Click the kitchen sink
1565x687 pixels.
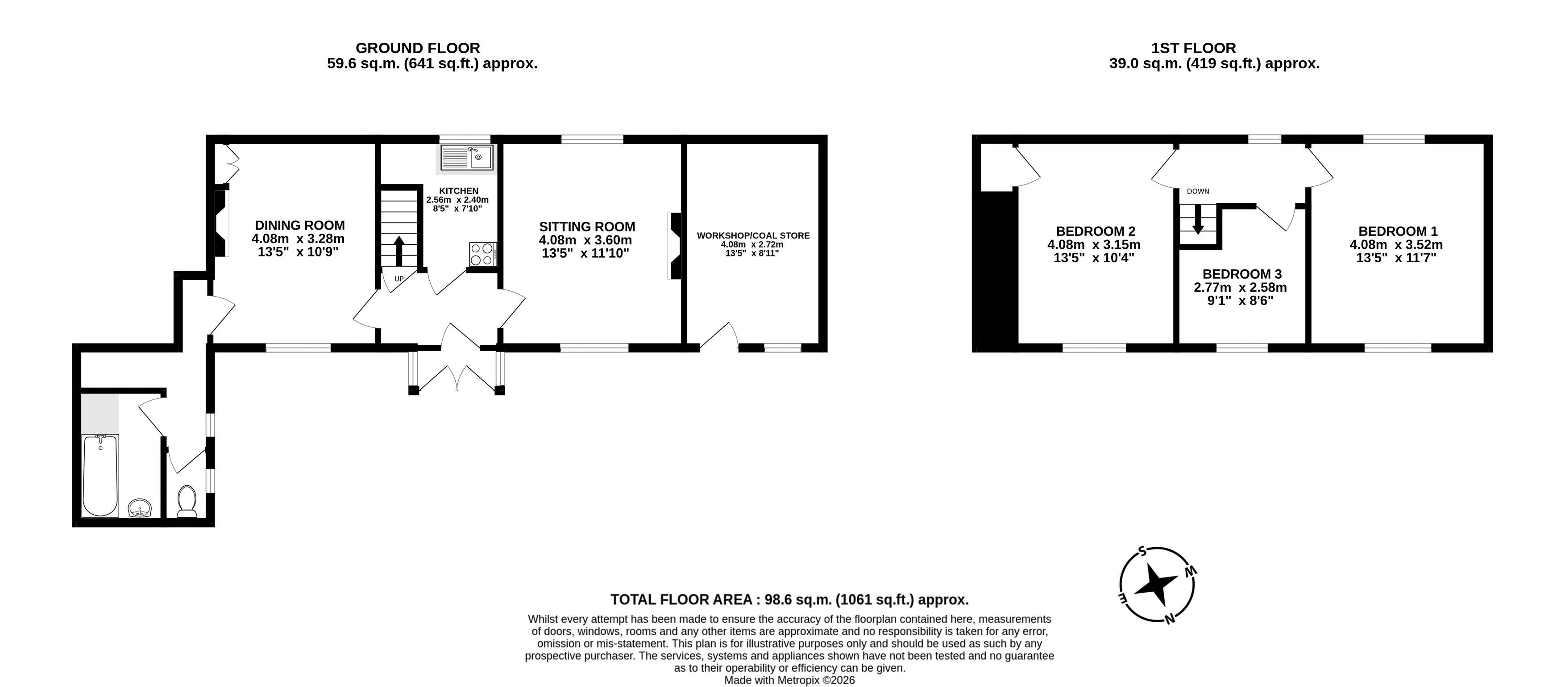(468, 157)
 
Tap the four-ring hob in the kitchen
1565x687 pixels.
(483, 254)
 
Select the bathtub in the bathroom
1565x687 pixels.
(100, 475)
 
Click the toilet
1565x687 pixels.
(187, 502)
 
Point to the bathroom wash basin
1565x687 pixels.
(140, 507)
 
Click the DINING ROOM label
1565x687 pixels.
(299, 225)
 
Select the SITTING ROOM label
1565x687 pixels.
(587, 227)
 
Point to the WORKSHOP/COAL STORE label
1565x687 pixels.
(753, 236)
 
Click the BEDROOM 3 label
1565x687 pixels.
(1242, 274)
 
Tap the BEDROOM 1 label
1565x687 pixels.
(1398, 231)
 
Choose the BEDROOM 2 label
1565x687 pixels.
(1096, 231)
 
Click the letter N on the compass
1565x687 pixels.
(1169, 620)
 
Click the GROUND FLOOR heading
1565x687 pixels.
(418, 48)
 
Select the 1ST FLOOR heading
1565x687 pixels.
(1194, 48)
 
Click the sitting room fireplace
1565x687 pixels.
(674, 246)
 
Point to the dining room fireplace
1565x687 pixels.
(221, 222)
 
